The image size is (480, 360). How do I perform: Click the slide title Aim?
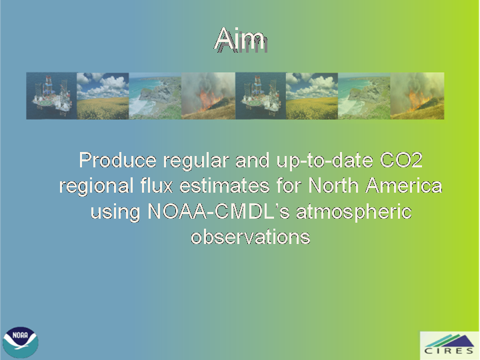point(241,39)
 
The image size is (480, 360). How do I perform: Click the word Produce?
point(117,160)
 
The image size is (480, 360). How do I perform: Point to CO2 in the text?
point(401,160)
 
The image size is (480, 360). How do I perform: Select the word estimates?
point(225,186)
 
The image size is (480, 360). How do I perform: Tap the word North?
point(333,185)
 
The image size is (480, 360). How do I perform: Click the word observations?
point(251,237)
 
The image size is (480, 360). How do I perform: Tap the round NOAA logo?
point(20,342)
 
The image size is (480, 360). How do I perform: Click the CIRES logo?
point(449,345)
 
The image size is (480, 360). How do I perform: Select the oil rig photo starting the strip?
point(51,96)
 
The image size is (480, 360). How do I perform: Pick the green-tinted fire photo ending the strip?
point(417,96)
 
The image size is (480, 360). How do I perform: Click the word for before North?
point(289,185)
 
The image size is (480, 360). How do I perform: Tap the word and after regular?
point(253,160)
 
